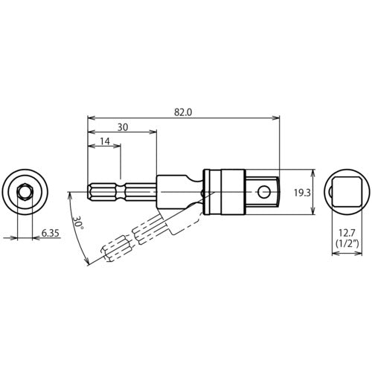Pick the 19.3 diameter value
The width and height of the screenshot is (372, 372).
[x=300, y=193]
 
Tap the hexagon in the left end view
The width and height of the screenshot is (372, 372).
[x=25, y=193]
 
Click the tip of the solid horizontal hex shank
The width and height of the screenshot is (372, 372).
[x=90, y=193]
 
